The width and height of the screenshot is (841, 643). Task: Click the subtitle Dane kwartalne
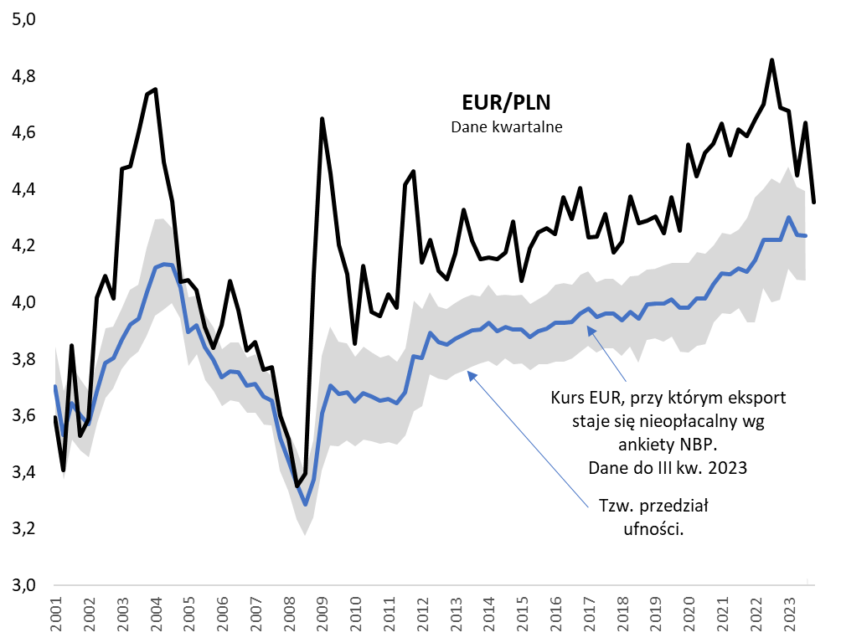pos(507,128)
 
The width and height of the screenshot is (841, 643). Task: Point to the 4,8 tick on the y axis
pos(23,77)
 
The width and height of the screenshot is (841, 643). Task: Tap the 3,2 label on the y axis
pos(23,529)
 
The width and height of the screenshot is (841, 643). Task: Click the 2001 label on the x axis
pos(55,614)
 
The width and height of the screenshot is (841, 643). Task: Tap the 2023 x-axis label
pos(790,614)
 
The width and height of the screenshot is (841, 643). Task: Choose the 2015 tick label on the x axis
pos(523,614)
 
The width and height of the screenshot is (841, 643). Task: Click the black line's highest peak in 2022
pos(771,60)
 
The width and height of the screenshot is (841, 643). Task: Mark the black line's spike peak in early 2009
pos(322,119)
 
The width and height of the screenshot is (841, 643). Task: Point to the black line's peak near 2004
pos(156,90)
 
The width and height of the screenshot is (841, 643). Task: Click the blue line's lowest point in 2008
pos(306,504)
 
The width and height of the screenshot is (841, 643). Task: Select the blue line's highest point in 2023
pos(789,218)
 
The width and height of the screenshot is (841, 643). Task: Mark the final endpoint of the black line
pos(813,201)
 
